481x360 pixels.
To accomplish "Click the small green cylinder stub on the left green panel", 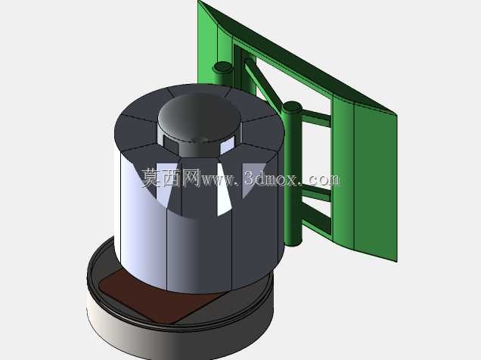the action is [x=223, y=67].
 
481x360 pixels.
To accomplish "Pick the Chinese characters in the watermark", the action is [x=171, y=178].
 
